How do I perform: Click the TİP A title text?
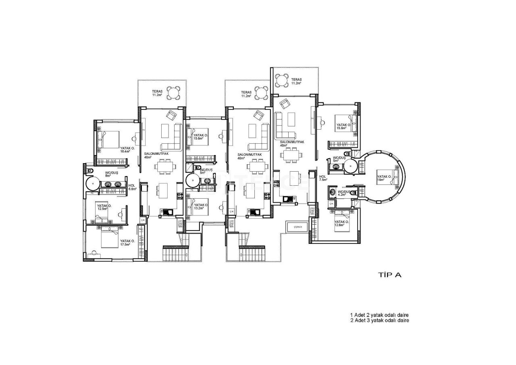coord(389,275)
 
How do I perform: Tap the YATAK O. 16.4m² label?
coord(127,150)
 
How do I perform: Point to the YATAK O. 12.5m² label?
coord(104,207)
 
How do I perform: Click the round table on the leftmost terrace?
coord(174,93)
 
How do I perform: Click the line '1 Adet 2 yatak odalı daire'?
coord(380,315)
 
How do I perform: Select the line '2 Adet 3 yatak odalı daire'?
coord(380,320)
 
